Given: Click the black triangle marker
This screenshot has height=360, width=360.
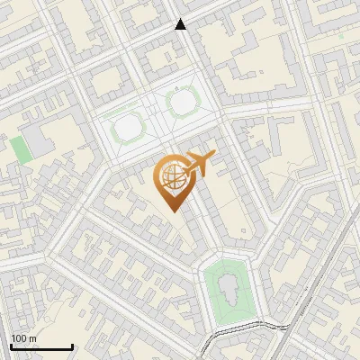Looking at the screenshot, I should coord(181,25).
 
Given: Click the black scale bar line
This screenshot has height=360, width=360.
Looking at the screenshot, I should coord(40,347).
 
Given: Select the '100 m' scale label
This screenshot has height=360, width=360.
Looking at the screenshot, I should coord(23,339).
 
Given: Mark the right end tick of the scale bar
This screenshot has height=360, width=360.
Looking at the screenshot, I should coord(72,346).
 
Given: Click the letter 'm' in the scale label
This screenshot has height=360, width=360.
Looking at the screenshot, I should coord(32,339).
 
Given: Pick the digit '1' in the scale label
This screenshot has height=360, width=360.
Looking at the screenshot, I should coord(13,339).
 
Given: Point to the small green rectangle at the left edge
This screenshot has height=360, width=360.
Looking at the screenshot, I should coord(19,148).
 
